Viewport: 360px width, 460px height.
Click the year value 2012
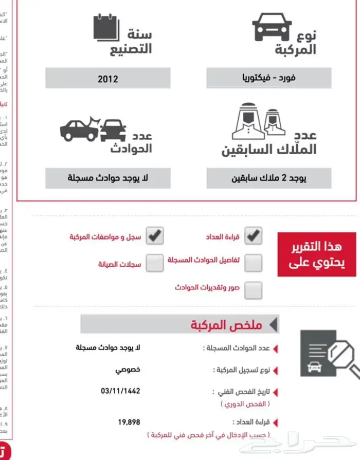click(x=107, y=79)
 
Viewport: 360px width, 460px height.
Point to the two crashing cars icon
click(x=93, y=128)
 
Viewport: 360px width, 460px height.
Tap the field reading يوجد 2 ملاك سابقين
click(x=268, y=178)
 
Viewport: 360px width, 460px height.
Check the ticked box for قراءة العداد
click(x=253, y=236)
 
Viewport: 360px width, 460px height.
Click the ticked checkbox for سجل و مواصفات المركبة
click(x=155, y=236)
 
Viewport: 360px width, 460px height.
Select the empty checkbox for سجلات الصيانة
click(x=155, y=263)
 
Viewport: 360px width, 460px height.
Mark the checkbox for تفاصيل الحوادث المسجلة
click(x=253, y=263)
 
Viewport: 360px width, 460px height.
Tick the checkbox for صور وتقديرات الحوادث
click(x=253, y=290)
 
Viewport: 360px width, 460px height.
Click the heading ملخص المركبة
click(x=227, y=324)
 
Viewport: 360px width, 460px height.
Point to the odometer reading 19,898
click(x=129, y=422)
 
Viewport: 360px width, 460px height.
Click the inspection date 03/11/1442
click(x=120, y=391)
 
